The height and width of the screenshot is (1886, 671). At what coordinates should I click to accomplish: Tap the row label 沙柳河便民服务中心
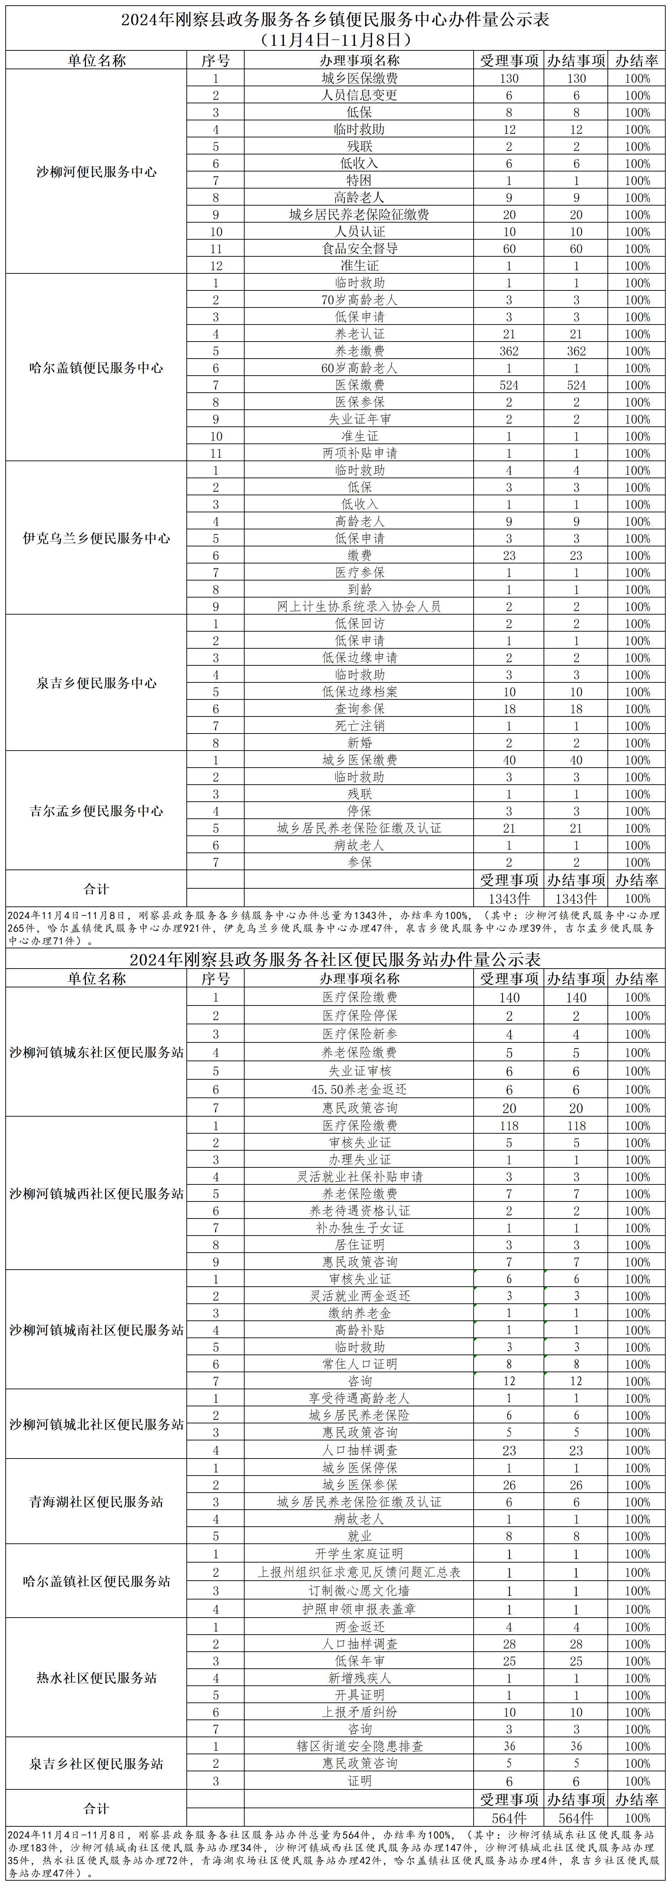(97, 172)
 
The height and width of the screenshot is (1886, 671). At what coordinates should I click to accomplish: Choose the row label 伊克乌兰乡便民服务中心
(97, 538)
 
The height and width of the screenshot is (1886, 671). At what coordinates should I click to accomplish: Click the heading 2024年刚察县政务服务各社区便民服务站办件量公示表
(335, 959)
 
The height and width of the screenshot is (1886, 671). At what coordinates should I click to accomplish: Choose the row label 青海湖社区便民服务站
(97, 1501)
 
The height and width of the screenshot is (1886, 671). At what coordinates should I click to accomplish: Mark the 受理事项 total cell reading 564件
(509, 1818)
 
